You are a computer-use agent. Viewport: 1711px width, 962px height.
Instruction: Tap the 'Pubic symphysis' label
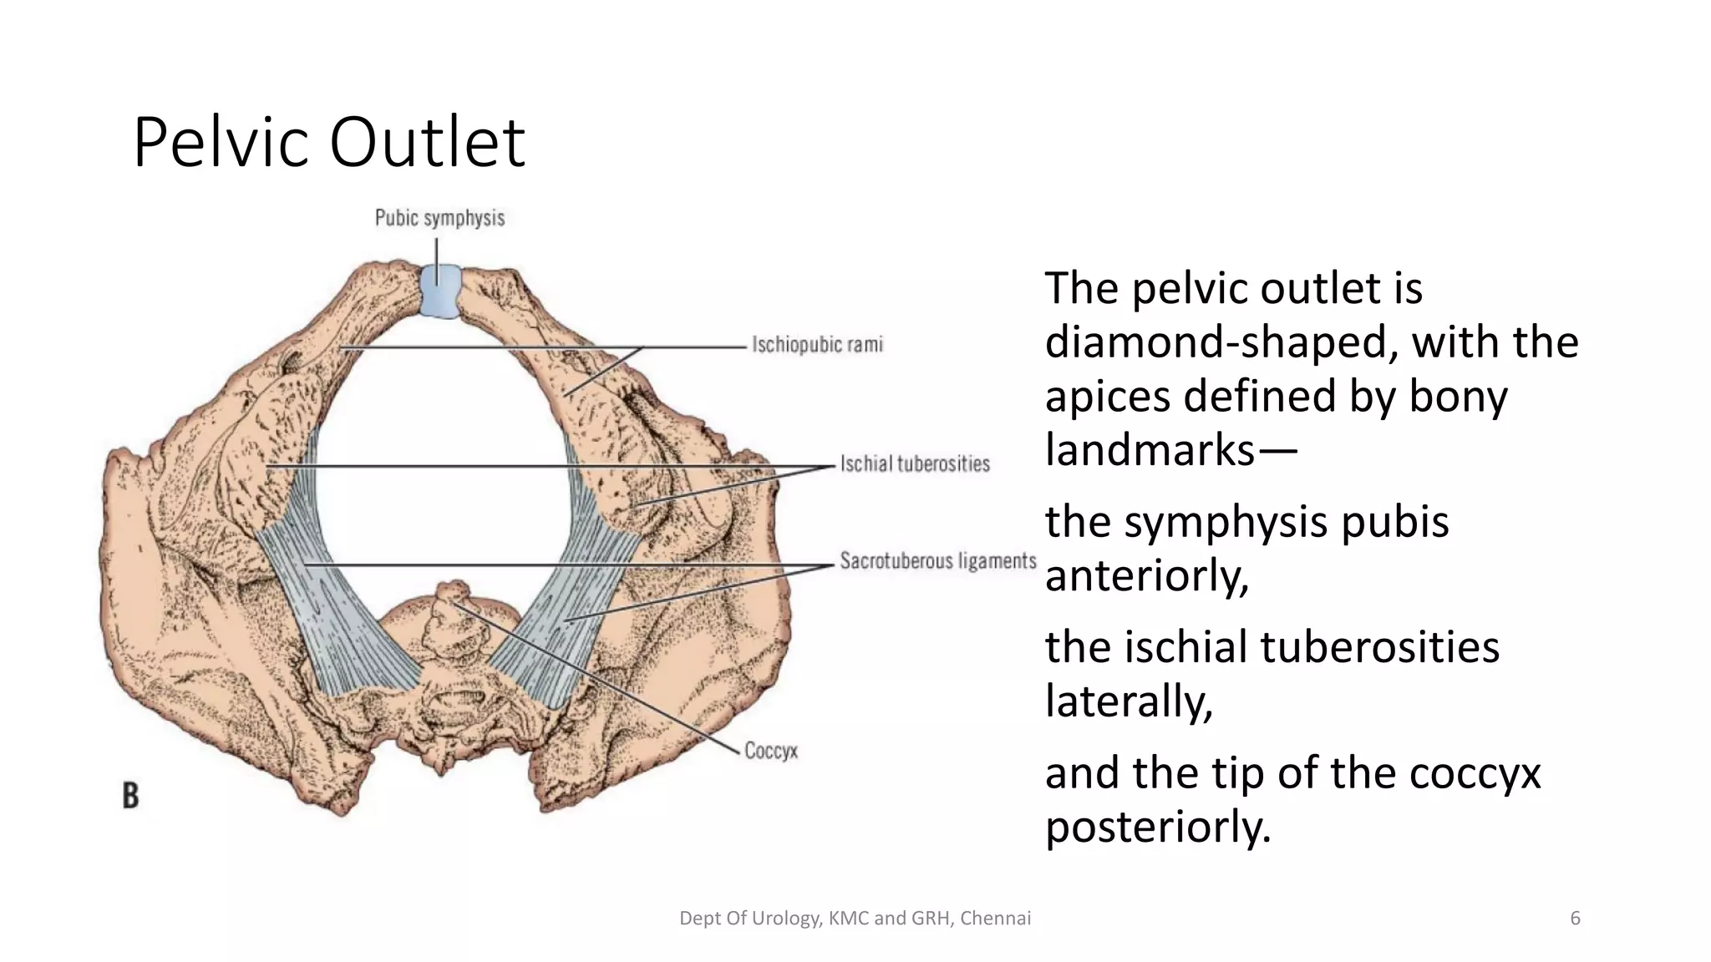439,218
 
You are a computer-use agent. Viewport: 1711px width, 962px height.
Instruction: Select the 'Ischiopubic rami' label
816,344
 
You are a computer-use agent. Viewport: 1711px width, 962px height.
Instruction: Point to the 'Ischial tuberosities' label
914,463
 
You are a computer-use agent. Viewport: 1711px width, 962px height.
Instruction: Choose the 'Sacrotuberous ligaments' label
937,560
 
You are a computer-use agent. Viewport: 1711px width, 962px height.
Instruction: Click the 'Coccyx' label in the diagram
770,751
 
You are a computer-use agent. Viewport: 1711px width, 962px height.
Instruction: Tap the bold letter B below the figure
130,795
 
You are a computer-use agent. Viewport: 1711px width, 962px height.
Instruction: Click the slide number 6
1575,919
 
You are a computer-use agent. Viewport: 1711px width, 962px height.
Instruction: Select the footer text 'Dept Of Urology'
752,919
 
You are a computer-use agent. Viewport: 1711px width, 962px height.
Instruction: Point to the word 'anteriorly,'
1146,575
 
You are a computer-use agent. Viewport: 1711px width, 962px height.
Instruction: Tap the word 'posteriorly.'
1157,827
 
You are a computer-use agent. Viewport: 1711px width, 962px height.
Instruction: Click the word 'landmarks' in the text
1150,450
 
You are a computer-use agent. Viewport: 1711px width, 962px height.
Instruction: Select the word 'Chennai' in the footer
995,919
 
